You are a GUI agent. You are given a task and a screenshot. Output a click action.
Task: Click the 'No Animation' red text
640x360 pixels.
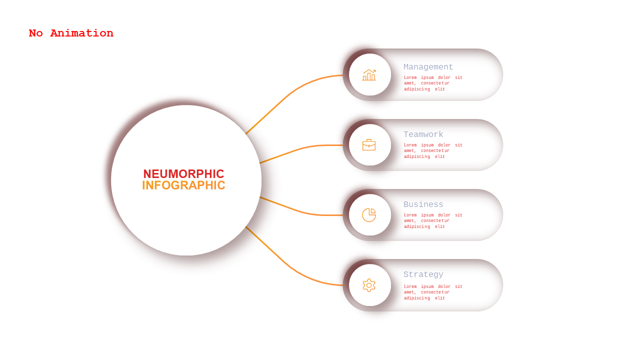(71, 33)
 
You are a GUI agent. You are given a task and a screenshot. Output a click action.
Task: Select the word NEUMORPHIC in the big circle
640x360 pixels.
(183, 173)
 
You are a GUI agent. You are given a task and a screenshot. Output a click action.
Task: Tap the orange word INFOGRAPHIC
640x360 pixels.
(183, 185)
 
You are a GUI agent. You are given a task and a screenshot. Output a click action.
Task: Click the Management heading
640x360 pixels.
(428, 67)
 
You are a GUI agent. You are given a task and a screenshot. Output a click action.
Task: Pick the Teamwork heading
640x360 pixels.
(423, 134)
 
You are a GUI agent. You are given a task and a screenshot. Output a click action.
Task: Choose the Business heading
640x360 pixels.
(423, 204)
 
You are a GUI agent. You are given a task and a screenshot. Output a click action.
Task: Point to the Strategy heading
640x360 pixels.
(423, 274)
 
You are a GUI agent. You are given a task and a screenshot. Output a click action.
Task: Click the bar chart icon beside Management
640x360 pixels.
(369, 75)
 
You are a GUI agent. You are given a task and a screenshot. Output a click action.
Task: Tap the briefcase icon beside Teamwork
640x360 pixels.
(369, 145)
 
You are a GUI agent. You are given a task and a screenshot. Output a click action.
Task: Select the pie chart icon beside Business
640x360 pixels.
(369, 215)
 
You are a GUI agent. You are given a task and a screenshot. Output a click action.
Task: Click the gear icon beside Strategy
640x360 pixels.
(369, 285)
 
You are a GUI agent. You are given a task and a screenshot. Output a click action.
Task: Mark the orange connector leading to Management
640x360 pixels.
(288, 95)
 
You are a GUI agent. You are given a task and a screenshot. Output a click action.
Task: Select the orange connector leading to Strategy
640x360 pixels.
(288, 265)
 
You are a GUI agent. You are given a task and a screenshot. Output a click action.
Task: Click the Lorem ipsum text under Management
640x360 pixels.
(433, 83)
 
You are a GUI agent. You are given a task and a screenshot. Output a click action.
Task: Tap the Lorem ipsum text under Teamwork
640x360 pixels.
(433, 150)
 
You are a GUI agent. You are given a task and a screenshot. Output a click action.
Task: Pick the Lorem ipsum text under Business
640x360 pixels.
(433, 220)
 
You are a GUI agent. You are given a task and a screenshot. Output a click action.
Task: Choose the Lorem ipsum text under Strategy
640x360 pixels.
(433, 292)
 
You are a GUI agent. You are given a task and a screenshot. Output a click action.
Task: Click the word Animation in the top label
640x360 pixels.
(81, 33)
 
